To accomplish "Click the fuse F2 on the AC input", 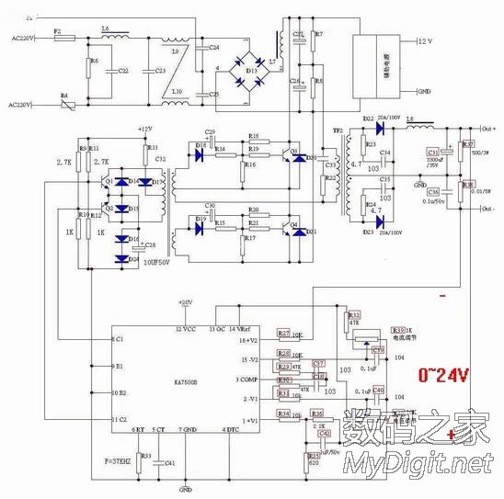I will tap(57, 39).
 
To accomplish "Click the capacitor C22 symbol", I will tap(113, 71).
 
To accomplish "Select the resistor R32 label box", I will tap(354, 314).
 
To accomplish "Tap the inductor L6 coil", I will tap(105, 39).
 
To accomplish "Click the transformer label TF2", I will tap(337, 130).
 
